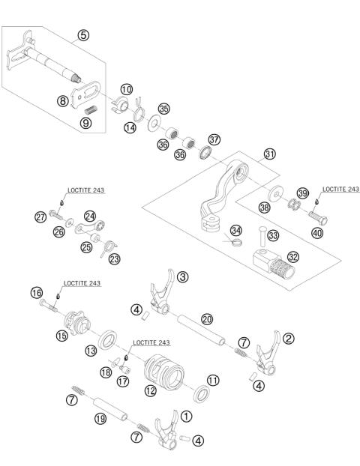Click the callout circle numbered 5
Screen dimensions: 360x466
[x=83, y=35]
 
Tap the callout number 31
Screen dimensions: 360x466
[x=269, y=154]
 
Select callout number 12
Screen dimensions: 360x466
[x=151, y=390]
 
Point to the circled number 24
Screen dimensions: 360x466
[x=90, y=216]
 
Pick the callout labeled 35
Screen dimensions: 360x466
[x=164, y=109]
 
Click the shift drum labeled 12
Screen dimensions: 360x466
[x=164, y=372]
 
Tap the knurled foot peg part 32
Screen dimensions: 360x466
[x=274, y=264]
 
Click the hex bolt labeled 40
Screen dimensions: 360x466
[x=318, y=218]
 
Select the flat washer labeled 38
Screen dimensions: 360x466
[x=276, y=193]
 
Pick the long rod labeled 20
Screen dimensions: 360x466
[x=202, y=330]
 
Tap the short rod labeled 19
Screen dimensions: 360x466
[x=110, y=410]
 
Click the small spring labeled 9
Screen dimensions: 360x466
[x=89, y=110]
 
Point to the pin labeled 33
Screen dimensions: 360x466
[x=262, y=236]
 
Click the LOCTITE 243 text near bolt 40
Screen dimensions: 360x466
[x=341, y=190]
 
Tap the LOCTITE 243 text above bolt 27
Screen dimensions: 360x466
[x=86, y=190]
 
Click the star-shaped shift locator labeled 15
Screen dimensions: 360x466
[x=76, y=323]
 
